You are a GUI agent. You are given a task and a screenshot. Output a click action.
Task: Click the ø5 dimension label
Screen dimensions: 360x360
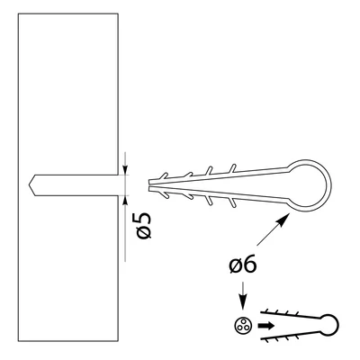(x=144, y=225)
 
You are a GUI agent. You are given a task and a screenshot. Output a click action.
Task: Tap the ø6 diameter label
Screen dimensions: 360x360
(x=243, y=264)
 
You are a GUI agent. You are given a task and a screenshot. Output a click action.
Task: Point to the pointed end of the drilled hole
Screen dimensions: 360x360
(x=29, y=185)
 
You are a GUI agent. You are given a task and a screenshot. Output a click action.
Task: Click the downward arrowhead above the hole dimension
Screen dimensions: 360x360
(x=125, y=170)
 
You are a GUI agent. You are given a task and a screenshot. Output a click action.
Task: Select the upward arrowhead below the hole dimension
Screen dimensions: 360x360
(x=125, y=200)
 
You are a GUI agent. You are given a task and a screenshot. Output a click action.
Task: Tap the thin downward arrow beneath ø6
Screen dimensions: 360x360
(x=243, y=295)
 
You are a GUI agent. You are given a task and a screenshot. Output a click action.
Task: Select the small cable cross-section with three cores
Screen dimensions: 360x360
(x=243, y=326)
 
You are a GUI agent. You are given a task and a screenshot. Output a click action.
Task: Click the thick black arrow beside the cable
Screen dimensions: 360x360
(x=266, y=326)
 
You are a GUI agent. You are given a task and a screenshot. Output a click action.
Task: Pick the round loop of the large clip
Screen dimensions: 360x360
(x=329, y=185)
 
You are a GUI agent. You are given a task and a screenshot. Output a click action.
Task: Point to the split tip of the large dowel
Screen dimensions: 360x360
(x=150, y=185)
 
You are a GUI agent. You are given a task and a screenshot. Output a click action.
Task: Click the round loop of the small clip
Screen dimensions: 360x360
(x=337, y=325)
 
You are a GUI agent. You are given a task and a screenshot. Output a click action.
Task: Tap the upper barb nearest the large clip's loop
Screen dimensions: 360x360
(x=232, y=168)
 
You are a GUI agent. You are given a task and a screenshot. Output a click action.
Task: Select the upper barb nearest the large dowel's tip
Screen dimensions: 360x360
(x=163, y=176)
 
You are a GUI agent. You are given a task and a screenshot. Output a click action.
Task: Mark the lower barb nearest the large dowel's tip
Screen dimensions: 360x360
(x=164, y=194)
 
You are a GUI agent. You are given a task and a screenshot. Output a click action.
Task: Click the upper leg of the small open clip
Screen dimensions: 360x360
(x=291, y=315)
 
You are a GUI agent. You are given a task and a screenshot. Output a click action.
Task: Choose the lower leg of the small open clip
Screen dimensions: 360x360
(x=291, y=335)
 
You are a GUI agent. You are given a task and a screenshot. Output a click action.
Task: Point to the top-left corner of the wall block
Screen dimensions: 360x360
(x=18, y=13)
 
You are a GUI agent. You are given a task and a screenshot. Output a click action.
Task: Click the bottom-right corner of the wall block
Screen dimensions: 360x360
(x=118, y=341)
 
